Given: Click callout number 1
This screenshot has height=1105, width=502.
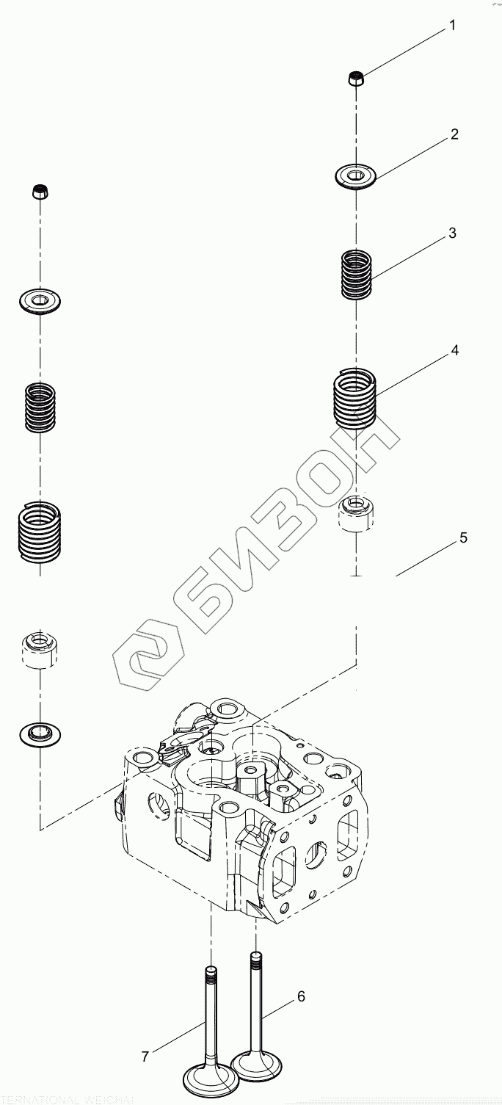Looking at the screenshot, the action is tap(453, 26).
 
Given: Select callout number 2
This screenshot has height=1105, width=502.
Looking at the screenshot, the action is tap(454, 134).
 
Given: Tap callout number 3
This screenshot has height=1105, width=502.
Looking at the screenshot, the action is tap(453, 233).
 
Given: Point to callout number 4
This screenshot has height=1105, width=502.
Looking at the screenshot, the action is tap(455, 351).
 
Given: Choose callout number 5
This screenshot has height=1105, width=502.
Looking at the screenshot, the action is tap(463, 538).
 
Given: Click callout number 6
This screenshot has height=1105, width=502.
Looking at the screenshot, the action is tap(301, 996).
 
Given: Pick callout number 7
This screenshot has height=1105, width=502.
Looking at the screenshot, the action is tap(145, 1057).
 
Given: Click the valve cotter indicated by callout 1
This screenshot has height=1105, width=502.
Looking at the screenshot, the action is tap(355, 79).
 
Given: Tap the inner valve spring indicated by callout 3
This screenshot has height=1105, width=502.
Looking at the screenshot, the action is tap(357, 274).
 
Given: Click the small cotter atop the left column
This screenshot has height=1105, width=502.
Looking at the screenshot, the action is tap(40, 192).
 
